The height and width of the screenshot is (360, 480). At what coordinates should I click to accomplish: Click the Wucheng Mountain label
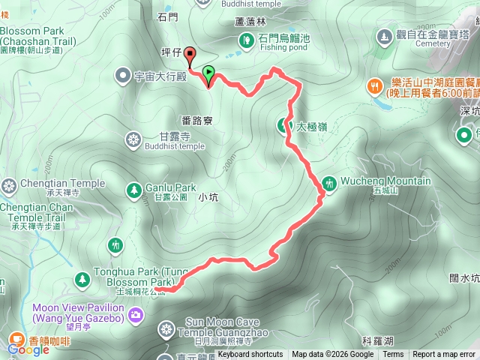(385, 181)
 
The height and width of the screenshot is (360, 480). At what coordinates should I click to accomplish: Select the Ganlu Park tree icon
(133, 188)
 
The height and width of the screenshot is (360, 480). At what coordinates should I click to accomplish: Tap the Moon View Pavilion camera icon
(135, 314)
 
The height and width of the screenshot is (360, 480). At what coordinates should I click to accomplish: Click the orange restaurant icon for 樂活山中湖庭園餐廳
(374, 86)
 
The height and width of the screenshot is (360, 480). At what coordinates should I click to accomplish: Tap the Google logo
(28, 349)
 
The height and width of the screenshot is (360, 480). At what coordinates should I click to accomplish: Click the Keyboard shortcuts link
(250, 355)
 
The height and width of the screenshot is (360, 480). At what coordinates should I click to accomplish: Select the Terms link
(393, 355)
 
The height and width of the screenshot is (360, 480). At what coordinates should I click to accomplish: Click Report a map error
(444, 355)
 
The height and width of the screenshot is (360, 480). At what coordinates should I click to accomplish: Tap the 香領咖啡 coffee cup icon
(16, 339)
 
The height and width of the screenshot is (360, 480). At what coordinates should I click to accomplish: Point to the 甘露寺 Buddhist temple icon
(133, 139)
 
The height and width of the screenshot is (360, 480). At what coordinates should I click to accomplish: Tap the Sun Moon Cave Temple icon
(166, 328)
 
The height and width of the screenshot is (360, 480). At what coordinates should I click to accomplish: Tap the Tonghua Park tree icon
(81, 279)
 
